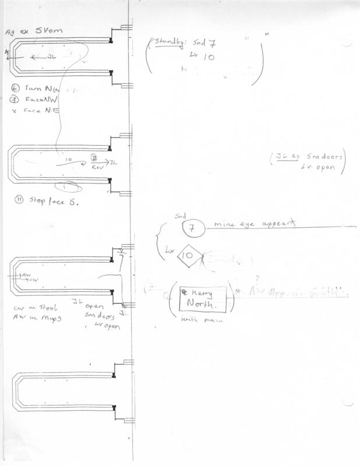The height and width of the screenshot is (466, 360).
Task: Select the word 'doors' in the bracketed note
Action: pos(333,156)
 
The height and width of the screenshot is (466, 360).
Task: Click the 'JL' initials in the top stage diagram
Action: pos(52,57)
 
